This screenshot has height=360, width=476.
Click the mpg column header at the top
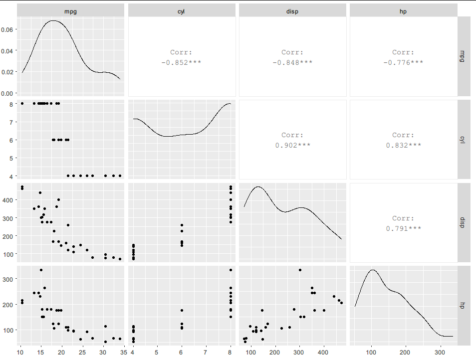70,10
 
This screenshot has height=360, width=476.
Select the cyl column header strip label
182,10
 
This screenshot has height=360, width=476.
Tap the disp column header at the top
292,10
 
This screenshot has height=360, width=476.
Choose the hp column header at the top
403,10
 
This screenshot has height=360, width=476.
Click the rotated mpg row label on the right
463,56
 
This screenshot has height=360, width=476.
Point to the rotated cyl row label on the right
463,139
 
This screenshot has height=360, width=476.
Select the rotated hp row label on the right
463,305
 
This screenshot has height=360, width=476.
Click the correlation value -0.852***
182,62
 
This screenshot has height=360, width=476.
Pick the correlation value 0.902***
292,146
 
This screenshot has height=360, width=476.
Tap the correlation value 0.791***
403,228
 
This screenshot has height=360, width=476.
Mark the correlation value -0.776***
403,62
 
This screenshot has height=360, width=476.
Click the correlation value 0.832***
403,146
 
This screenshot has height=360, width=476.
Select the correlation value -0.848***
292,62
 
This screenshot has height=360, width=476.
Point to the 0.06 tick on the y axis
9,29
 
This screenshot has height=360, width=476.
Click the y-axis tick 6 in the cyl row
11,140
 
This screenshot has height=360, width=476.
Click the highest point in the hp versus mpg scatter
41,270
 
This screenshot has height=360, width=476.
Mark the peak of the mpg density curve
53,21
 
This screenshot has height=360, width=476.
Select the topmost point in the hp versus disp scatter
300,270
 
